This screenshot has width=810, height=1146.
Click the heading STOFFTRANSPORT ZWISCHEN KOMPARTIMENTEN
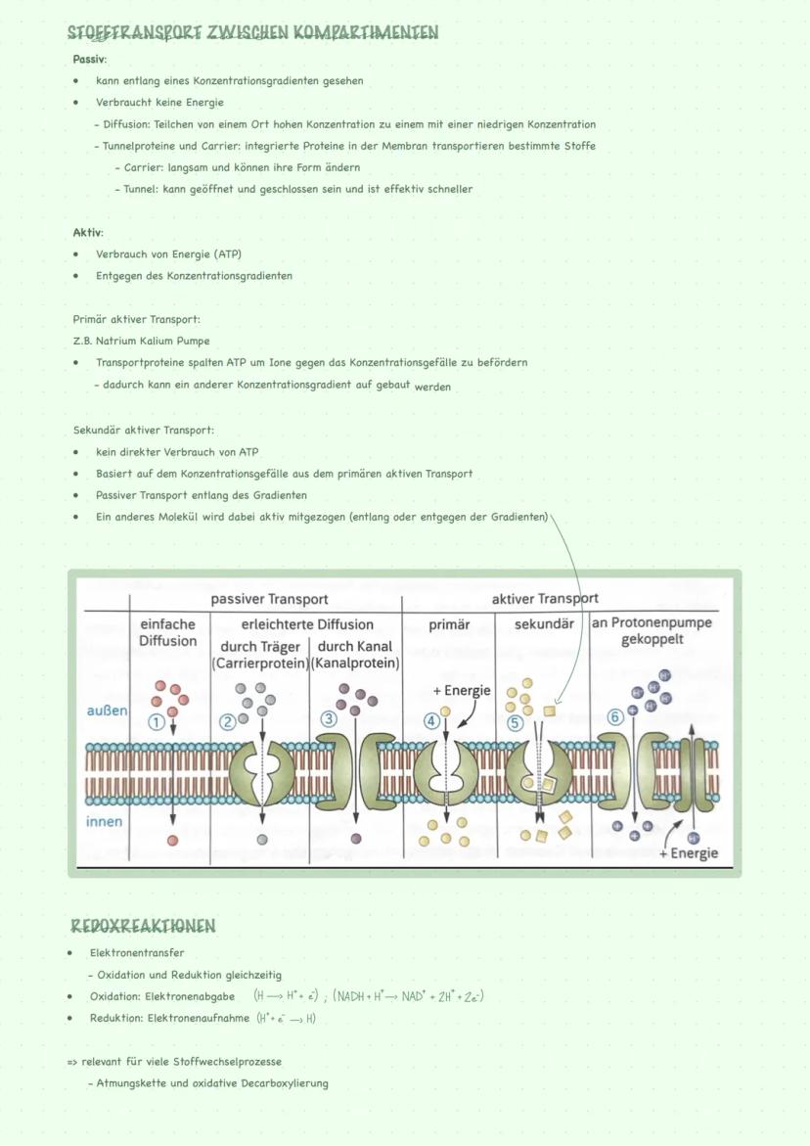252,33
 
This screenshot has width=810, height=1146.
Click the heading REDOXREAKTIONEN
143,926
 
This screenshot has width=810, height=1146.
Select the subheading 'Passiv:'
89,60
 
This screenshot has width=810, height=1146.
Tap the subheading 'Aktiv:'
87,233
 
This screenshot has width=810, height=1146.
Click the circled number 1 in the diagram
155,722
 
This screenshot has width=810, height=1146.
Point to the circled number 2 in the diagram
227,722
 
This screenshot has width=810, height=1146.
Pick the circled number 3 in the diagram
329,718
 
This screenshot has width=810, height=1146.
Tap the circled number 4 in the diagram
431,721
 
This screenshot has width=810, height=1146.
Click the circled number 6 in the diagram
615,717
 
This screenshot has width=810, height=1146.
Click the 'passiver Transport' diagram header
269,599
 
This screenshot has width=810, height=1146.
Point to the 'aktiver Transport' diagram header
545,599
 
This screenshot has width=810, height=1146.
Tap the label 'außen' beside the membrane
107,711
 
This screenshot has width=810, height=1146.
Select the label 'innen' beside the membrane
105,821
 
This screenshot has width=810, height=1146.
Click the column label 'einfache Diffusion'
168,632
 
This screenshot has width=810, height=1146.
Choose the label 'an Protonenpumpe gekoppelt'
652,631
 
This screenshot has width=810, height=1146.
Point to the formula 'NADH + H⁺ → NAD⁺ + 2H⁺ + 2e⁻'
408,996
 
